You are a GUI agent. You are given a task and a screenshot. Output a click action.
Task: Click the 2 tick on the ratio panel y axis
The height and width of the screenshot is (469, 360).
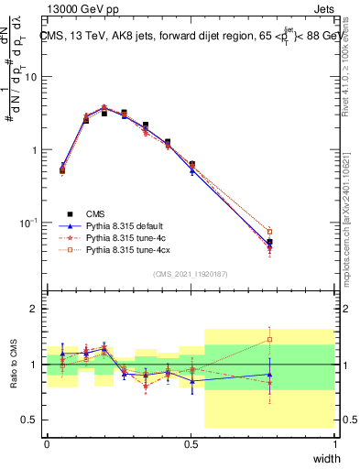pyautogui.click(x=36, y=309)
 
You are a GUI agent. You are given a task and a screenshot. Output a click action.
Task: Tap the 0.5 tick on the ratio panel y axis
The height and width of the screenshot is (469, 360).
pyautogui.click(x=30, y=420)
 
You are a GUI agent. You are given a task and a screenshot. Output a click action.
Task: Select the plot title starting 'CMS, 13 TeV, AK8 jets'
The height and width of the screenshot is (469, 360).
pyautogui.click(x=191, y=37)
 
